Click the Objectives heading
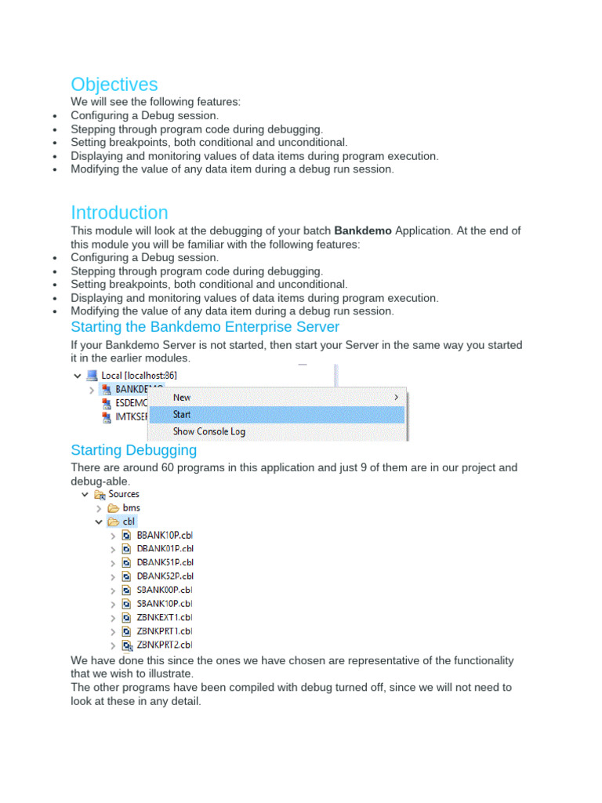(114, 85)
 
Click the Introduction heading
(119, 213)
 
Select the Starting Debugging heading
(133, 450)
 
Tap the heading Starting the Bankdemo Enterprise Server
(205, 327)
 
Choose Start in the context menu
(182, 415)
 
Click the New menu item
(182, 398)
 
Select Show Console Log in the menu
(209, 431)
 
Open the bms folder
(131, 508)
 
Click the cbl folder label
(129, 521)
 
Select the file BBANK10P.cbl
(165, 536)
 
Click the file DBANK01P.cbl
(165, 549)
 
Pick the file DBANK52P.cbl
(165, 576)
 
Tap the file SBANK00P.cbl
(165, 590)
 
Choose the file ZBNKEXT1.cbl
(165, 618)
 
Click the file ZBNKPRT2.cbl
(165, 645)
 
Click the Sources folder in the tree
(124, 494)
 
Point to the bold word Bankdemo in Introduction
(363, 231)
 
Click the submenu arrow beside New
(396, 398)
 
